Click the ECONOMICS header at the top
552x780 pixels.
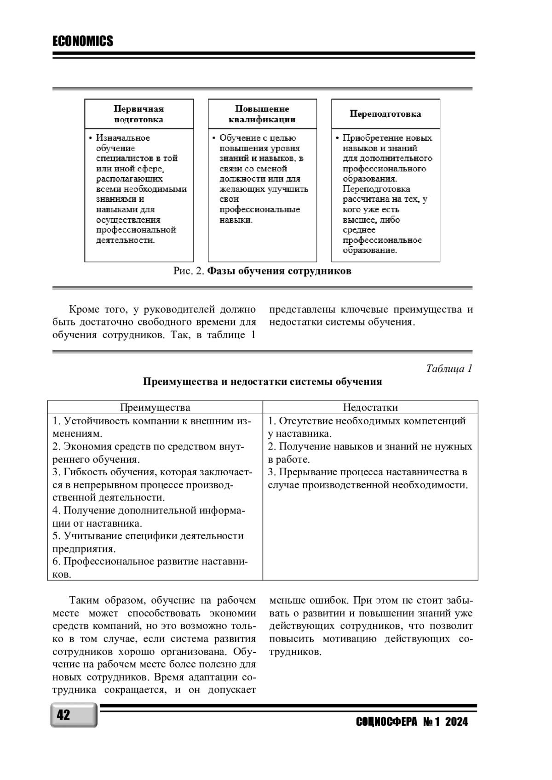pos(83,41)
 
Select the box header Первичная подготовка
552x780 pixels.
pos(138,114)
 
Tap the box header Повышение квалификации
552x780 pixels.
pos(262,114)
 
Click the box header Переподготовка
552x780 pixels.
pos(385,114)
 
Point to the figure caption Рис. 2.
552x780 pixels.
pos(188,271)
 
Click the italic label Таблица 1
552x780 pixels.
pos(449,369)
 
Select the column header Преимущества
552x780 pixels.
pos(155,408)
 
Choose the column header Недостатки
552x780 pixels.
pos(370,408)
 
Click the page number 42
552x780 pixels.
pos(63,715)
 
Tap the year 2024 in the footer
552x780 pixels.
pos(456,722)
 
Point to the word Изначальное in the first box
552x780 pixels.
pos(123,138)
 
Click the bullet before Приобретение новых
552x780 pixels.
pos(337,138)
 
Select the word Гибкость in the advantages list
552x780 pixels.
pos(83,472)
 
